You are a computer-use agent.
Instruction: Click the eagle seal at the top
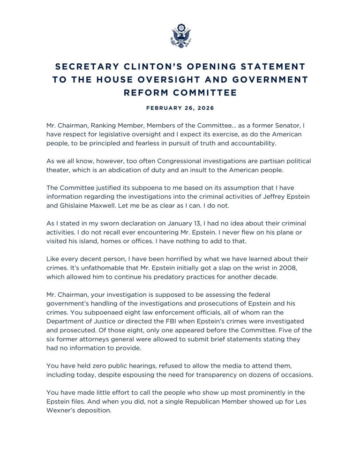(x=180, y=36)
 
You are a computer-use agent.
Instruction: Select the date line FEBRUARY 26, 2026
(x=180, y=108)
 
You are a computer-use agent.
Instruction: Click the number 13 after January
(x=198, y=224)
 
